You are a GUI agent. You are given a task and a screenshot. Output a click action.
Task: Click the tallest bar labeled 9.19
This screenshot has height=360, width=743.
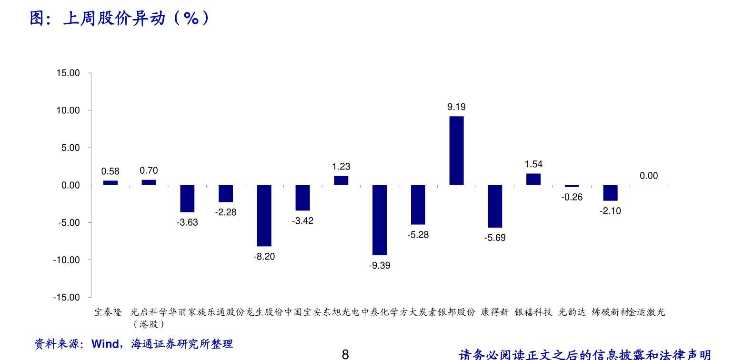[x=456, y=150]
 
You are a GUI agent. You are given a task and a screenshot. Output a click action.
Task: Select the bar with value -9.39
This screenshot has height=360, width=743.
[x=380, y=220]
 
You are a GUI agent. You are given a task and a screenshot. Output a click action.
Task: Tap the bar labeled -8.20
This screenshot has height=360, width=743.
[x=264, y=215]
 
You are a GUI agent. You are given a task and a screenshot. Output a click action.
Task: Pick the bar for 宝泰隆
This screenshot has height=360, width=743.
[x=110, y=182]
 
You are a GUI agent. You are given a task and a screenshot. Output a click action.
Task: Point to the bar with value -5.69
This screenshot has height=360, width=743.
[x=495, y=206]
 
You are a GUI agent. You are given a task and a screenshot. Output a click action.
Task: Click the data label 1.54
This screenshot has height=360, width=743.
[x=533, y=164]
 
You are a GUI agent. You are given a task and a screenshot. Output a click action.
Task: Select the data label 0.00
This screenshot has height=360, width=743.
[x=649, y=176]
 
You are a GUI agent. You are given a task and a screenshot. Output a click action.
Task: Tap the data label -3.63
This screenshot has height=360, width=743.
[x=187, y=222]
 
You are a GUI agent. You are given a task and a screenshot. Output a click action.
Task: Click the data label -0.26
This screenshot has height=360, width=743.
[x=572, y=197]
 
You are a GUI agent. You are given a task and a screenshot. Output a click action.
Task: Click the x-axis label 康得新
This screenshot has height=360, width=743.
[x=495, y=312]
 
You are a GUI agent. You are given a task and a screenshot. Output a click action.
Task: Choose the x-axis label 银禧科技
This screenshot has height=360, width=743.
[x=533, y=312]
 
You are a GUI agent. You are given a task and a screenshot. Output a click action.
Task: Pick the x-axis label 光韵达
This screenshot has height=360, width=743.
[x=572, y=312]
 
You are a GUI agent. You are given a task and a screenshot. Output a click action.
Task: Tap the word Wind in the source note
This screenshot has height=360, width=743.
[x=105, y=344]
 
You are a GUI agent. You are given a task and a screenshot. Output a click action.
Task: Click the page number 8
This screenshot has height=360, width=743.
[x=346, y=354]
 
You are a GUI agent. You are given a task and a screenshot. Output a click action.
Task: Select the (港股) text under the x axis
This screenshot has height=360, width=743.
[x=149, y=324]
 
